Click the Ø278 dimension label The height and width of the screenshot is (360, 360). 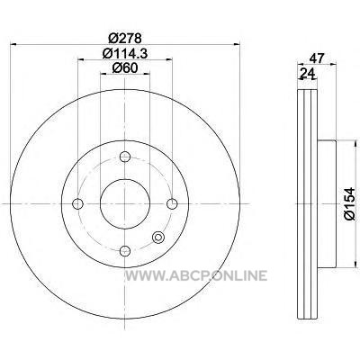124,38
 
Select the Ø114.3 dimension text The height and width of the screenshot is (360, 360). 125,53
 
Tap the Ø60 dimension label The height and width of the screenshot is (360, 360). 125,67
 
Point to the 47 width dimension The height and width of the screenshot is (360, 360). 317,58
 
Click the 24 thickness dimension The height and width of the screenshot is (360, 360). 307,73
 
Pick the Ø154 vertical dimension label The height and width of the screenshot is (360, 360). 350,204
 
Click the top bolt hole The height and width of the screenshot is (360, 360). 125,157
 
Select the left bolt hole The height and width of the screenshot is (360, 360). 77,203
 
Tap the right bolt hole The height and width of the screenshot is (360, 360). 172,203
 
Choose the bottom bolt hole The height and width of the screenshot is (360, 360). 125,250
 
